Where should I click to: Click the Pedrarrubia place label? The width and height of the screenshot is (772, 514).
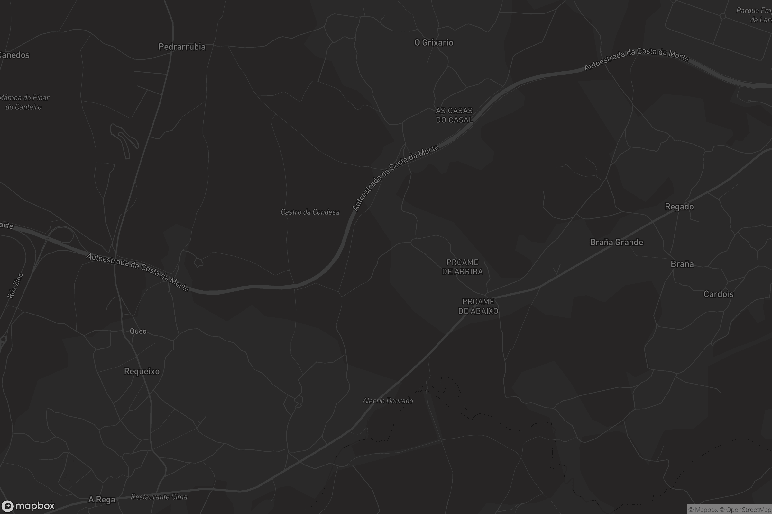182,47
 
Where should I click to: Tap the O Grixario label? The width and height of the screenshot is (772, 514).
434,43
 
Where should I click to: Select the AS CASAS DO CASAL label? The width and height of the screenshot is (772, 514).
454,115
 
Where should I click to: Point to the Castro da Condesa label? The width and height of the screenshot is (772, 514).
310,212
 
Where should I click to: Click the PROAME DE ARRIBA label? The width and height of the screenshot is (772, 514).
462,267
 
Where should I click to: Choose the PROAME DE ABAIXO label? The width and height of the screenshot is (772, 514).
478,306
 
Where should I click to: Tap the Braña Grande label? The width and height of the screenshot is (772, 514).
616,242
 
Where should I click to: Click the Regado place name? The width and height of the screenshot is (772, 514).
679,207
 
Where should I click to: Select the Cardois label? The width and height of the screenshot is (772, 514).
718,294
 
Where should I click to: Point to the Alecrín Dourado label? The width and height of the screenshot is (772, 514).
388,401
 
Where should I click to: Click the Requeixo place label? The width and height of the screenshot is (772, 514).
142,371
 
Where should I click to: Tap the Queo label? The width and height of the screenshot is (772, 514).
138,331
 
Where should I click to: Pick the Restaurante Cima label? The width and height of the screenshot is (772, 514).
159,497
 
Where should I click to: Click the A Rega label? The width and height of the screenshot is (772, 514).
102,500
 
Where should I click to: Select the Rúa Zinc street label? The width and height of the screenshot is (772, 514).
15,286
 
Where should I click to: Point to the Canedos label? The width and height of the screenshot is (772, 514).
14,55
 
